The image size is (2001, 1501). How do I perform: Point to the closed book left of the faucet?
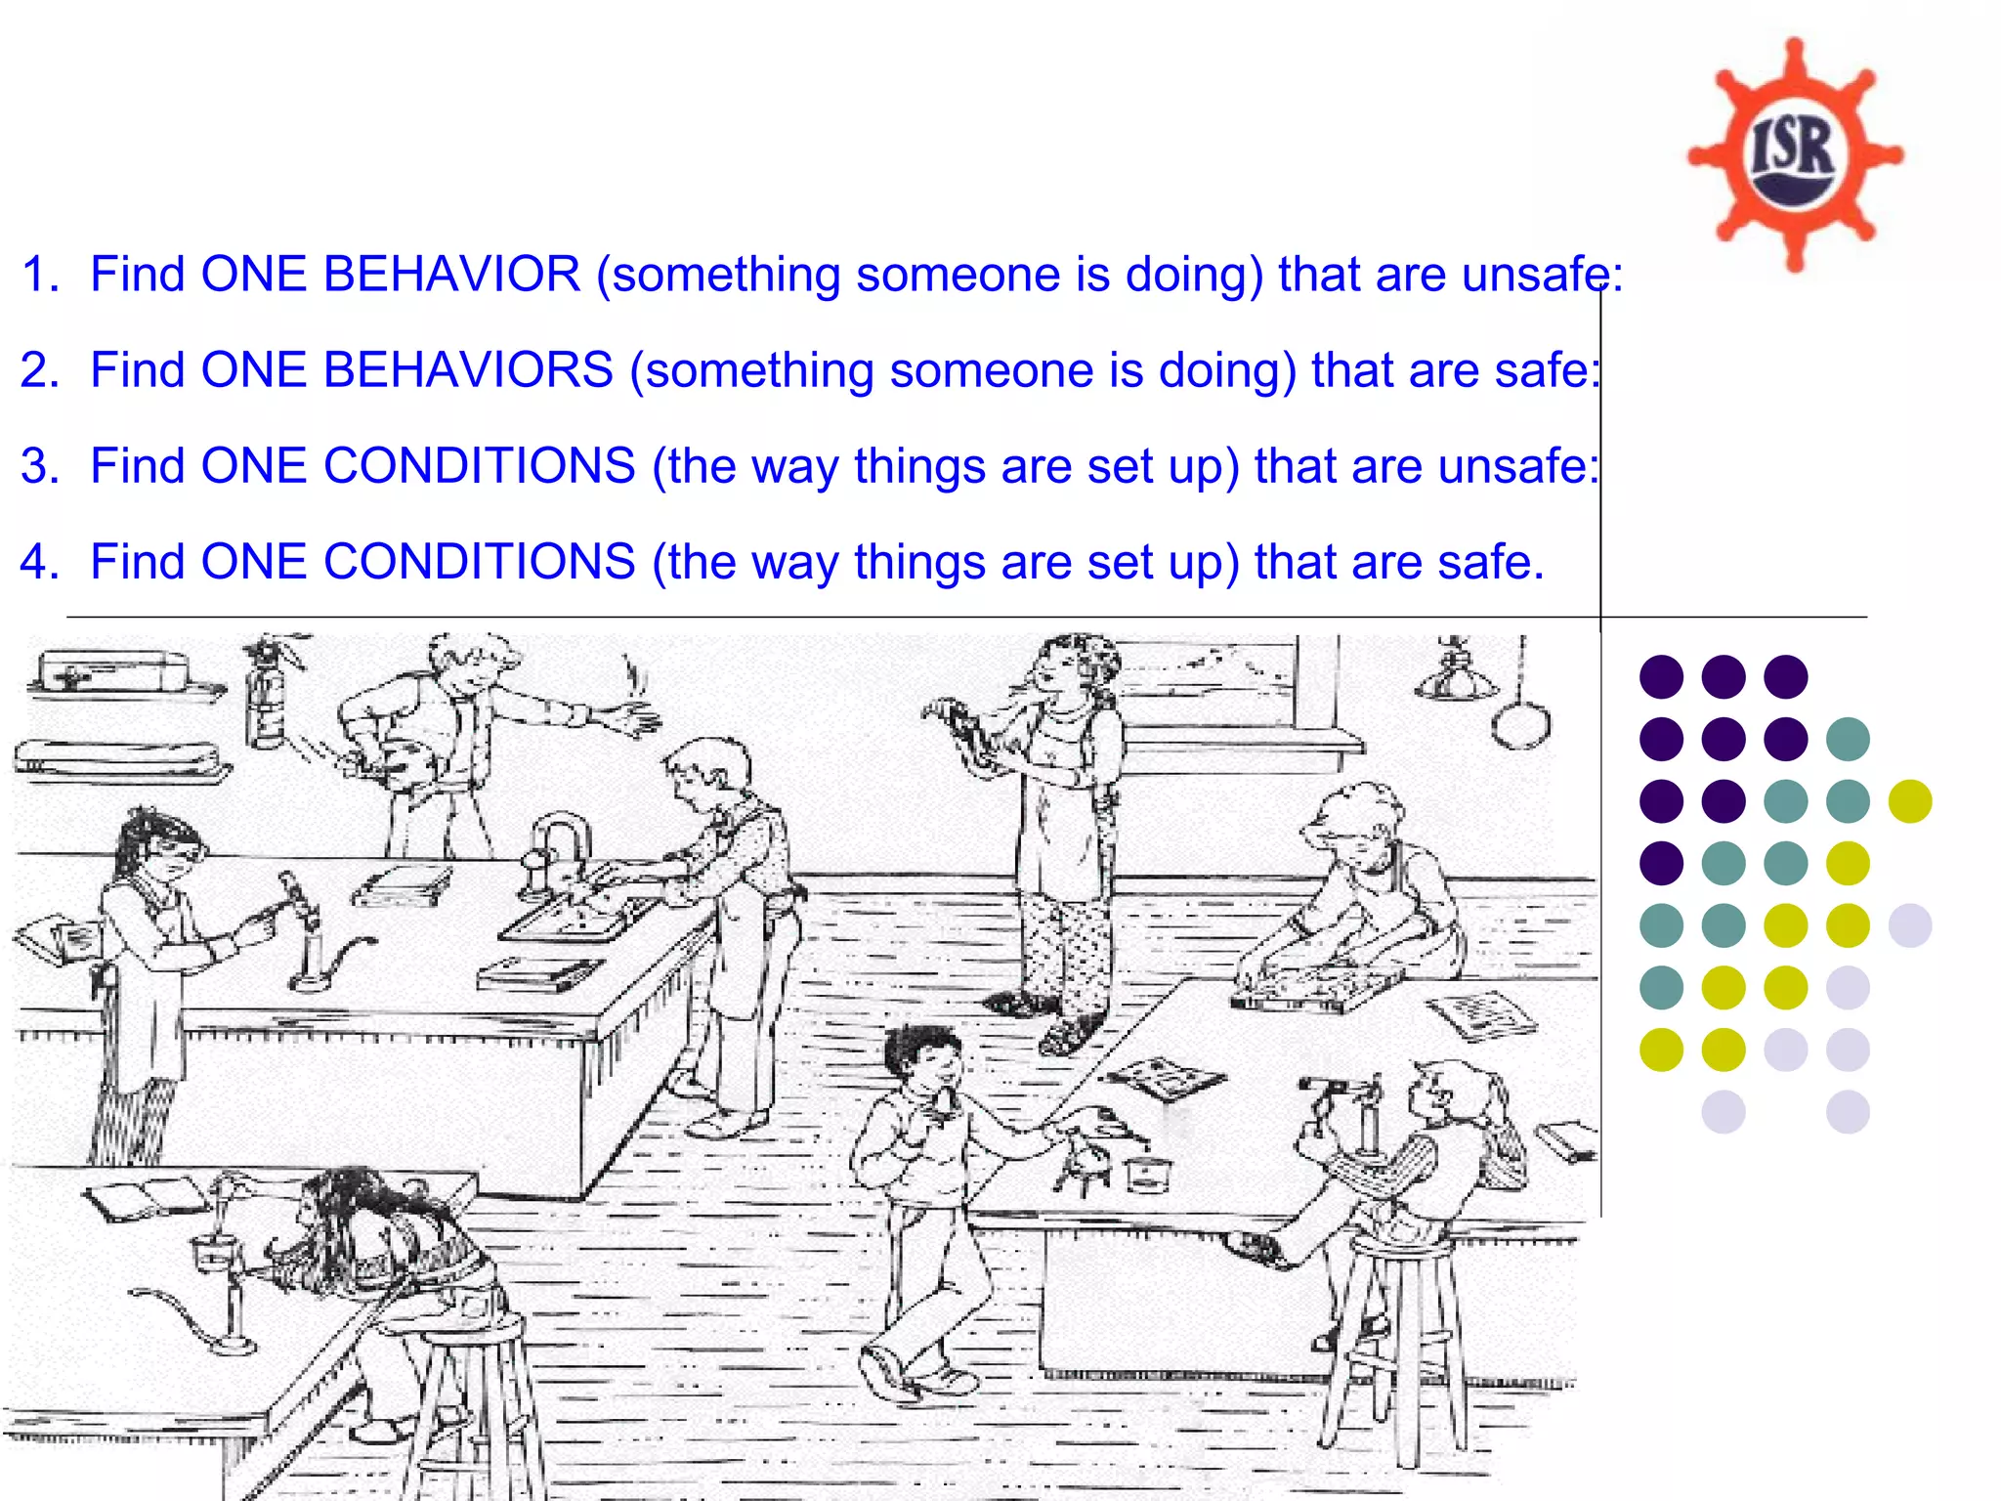(x=402, y=883)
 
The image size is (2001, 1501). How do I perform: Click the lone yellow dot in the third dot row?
(x=1909, y=801)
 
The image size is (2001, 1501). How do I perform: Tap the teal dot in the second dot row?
(x=1847, y=739)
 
